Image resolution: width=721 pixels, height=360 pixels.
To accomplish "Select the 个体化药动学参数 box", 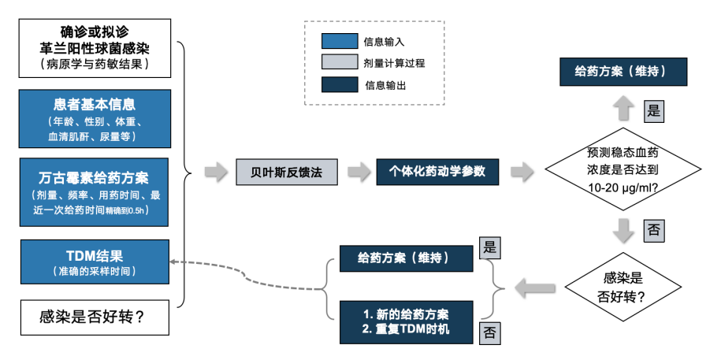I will tap(437, 171).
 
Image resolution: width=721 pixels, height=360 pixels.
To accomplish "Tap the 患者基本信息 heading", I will tap(95, 105).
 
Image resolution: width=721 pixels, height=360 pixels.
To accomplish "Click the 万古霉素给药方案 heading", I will tap(95, 176).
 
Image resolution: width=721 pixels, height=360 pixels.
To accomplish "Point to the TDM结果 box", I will tap(95, 262).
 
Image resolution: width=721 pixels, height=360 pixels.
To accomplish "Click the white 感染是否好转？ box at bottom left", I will tap(95, 318).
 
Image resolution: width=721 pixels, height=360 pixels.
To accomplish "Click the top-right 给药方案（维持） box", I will tap(623, 72).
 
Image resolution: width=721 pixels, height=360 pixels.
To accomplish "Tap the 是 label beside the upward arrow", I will tap(654, 111).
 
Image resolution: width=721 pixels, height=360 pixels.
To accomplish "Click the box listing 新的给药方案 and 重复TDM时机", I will tap(407, 322).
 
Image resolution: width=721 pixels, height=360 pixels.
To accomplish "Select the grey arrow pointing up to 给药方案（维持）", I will tap(623, 108).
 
